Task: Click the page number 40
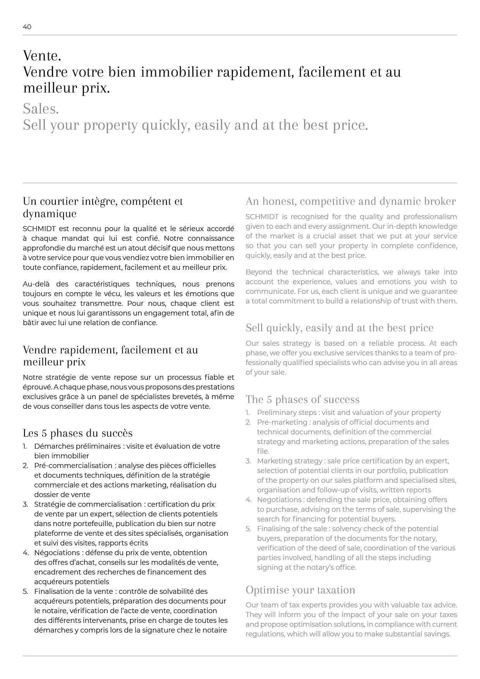click(x=27, y=27)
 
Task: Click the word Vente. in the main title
click(x=42, y=56)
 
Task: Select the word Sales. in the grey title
click(x=41, y=109)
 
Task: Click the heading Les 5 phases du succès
click(x=77, y=433)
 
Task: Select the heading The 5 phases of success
click(x=302, y=400)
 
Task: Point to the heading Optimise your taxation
click(x=300, y=590)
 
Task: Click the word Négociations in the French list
click(x=57, y=553)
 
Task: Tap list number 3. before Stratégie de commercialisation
click(x=25, y=504)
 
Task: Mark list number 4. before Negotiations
click(x=249, y=500)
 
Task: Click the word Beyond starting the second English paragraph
click(x=259, y=272)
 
